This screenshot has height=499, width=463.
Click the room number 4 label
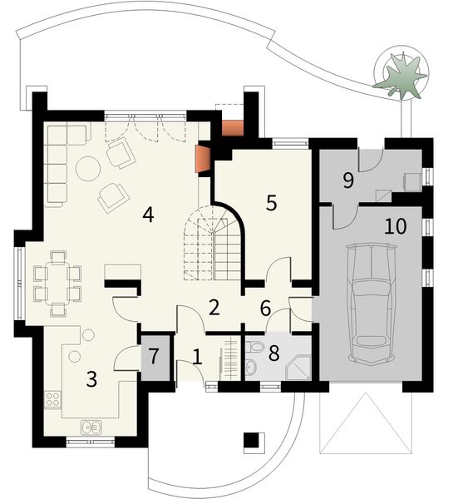(x=147, y=214)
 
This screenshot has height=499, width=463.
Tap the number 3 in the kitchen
(x=91, y=380)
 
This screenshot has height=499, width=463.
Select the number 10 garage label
(x=396, y=226)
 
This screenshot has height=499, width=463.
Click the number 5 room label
(x=270, y=203)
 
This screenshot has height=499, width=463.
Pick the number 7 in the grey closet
(x=265, y=308)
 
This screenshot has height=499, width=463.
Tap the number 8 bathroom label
(x=153, y=357)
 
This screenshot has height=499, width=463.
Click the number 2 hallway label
(x=214, y=308)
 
